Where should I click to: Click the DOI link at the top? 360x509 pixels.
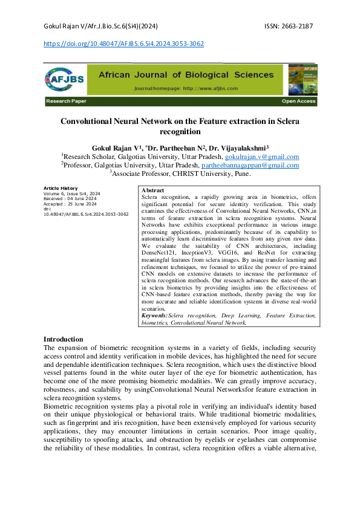click(x=124, y=44)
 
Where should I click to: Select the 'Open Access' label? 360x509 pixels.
click(x=298, y=102)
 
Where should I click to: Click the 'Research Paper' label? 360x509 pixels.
click(x=66, y=102)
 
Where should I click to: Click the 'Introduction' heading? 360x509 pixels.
click(x=64, y=340)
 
